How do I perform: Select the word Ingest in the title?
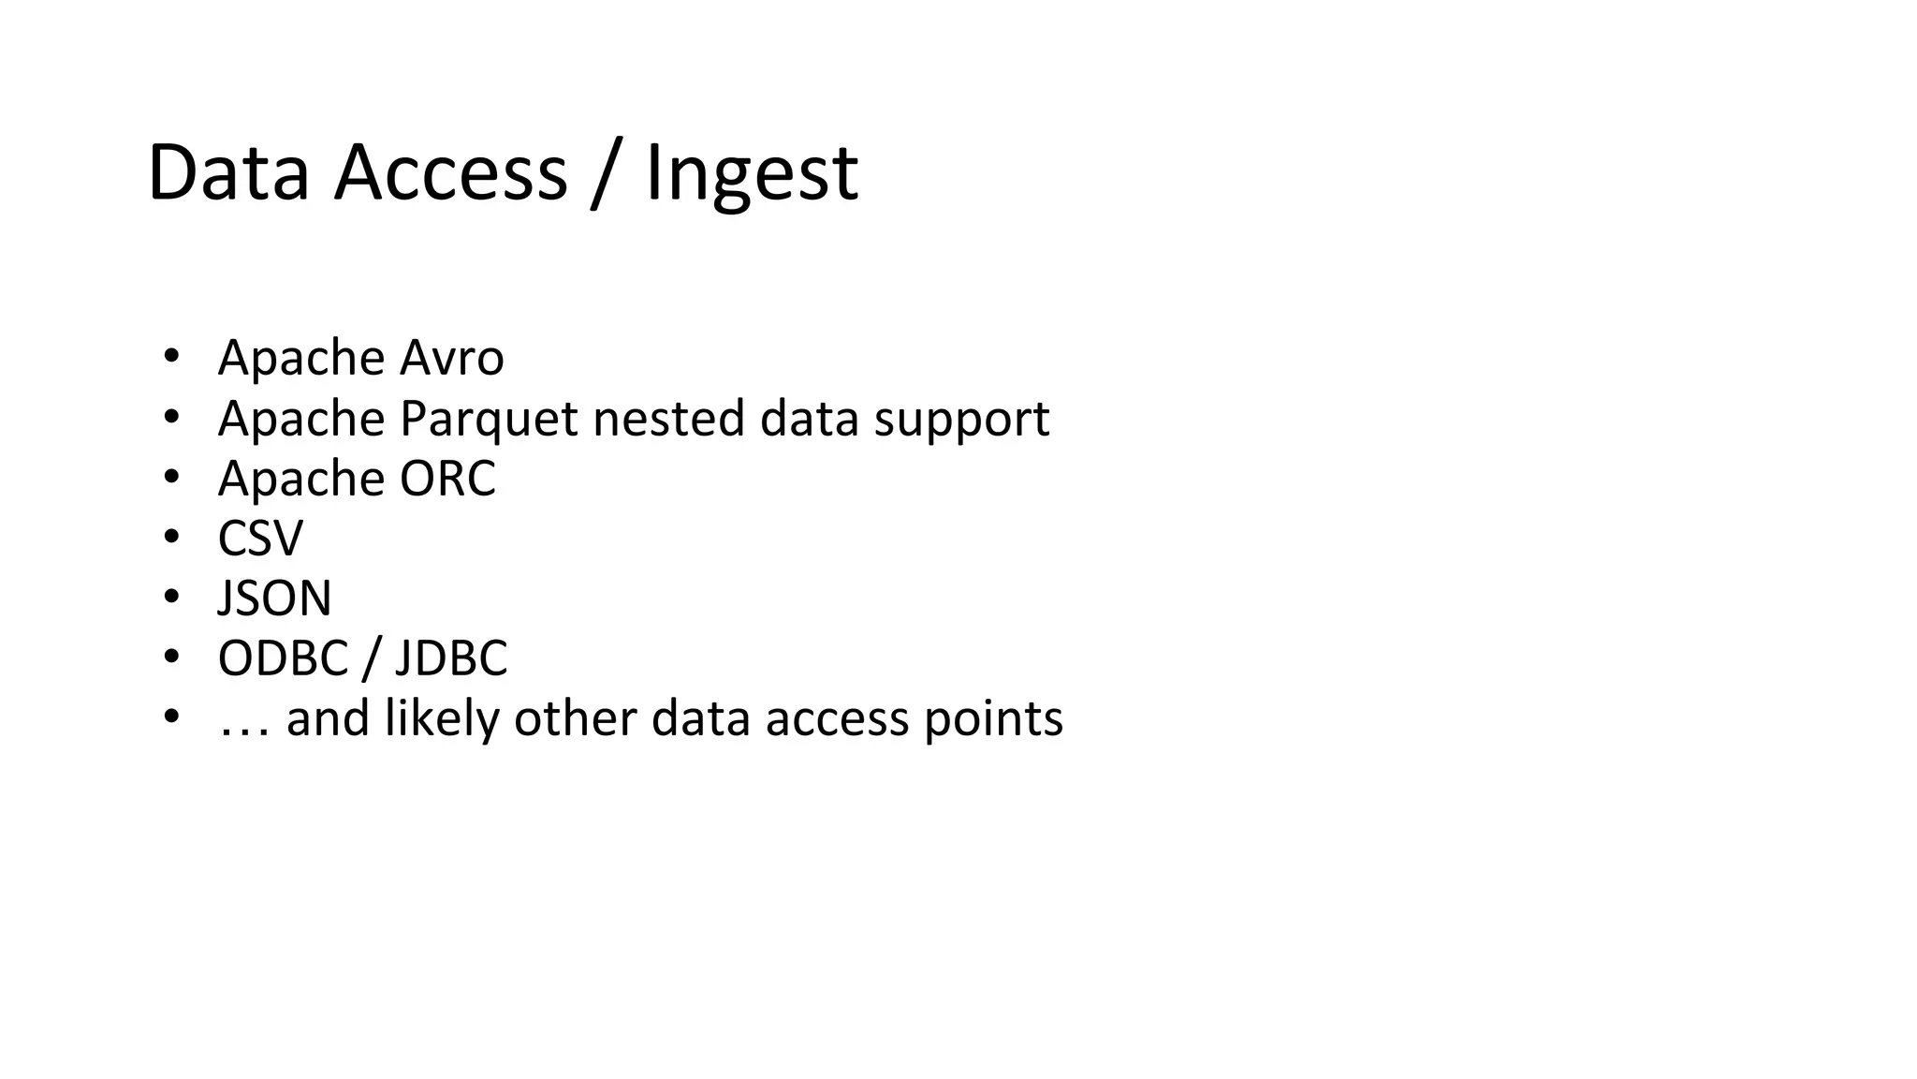pyautogui.click(x=752, y=173)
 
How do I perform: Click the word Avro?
pyautogui.click(x=452, y=358)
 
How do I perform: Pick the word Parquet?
pyautogui.click(x=489, y=419)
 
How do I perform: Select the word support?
pyautogui.click(x=962, y=419)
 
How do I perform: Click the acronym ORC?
pyautogui.click(x=447, y=479)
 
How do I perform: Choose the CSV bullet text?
pyautogui.click(x=260, y=539)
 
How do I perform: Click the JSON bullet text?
pyautogui.click(x=274, y=599)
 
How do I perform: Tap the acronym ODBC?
pyautogui.click(x=283, y=658)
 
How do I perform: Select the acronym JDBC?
pyautogui.click(x=451, y=658)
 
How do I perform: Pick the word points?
pyautogui.click(x=993, y=719)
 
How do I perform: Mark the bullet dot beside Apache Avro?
pyautogui.click(x=170, y=356)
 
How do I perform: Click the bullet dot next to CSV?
pyautogui.click(x=170, y=537)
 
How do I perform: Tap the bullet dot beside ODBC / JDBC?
pyautogui.click(x=170, y=657)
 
